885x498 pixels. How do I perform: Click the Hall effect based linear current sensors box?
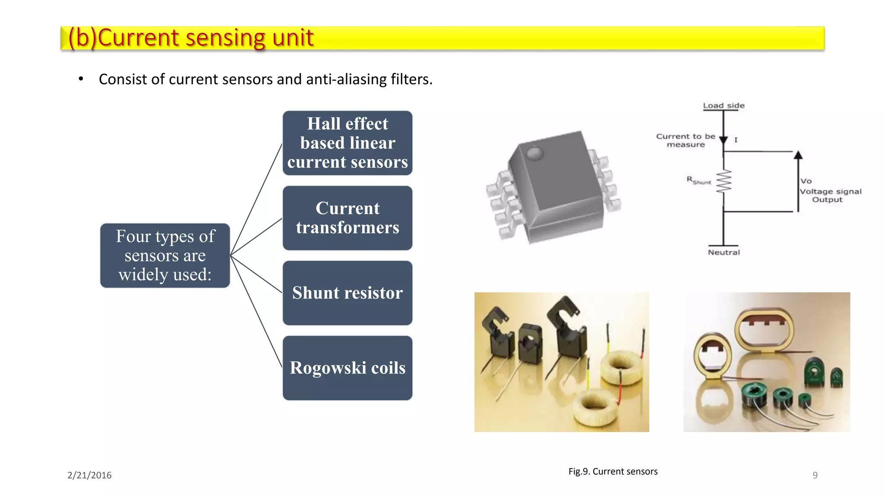(347, 143)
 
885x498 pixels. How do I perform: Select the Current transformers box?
(347, 218)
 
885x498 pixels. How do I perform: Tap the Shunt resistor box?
(347, 293)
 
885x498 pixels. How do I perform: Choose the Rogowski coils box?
(347, 368)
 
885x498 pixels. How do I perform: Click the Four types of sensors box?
(165, 255)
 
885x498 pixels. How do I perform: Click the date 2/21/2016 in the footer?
(89, 475)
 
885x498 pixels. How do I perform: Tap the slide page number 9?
(815, 475)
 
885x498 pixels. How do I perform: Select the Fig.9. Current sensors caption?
(613, 472)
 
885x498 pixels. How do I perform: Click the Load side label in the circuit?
(723, 105)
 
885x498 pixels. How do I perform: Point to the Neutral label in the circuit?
(723, 252)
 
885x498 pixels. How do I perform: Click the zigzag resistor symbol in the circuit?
(724, 182)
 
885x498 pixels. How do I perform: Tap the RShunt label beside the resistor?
(698, 180)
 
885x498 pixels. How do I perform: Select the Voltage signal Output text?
(830, 195)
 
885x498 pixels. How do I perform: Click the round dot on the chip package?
(534, 153)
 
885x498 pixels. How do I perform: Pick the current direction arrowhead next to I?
(723, 140)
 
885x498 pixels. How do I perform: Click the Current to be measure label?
(685, 140)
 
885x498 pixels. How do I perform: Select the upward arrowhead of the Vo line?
(798, 155)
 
